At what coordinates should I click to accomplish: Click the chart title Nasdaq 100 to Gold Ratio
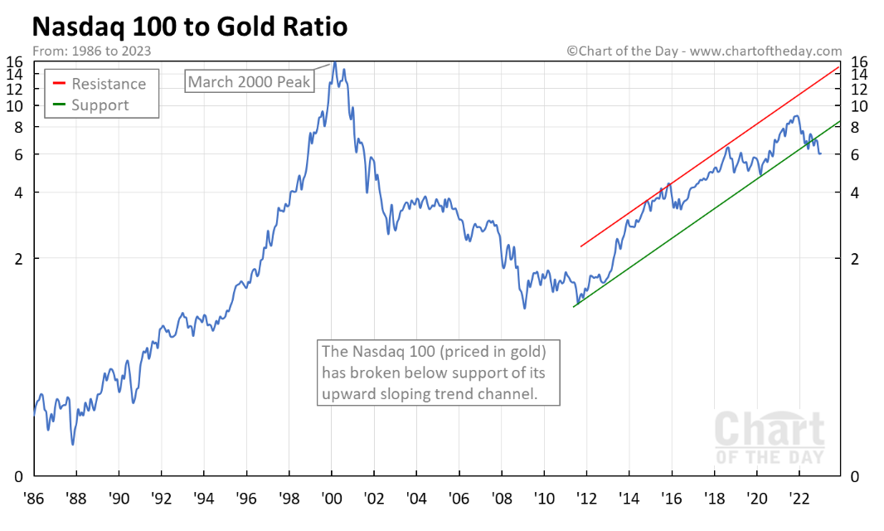189,27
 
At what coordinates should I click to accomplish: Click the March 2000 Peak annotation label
249,81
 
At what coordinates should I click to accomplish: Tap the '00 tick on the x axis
332,501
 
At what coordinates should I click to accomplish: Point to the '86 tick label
34,501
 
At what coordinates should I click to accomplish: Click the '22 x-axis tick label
799,501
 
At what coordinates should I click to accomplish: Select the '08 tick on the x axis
502,501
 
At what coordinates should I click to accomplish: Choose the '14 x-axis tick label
629,501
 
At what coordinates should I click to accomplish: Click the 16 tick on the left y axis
16,61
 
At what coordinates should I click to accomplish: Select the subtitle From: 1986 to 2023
91,51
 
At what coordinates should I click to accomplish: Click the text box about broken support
439,373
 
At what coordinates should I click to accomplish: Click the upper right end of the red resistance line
841,66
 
